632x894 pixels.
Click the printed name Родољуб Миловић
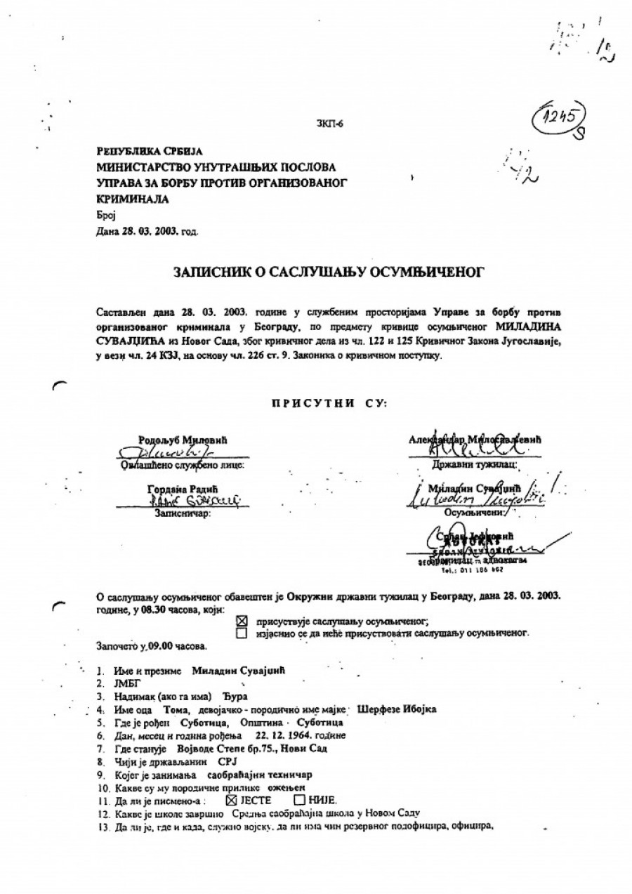pos(183,440)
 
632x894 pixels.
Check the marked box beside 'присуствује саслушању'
pos(242,621)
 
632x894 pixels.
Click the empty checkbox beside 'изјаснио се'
pos(242,633)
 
